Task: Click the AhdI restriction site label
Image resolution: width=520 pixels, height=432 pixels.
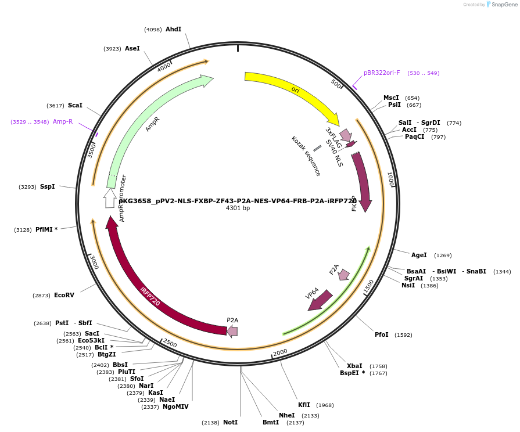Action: [173, 29]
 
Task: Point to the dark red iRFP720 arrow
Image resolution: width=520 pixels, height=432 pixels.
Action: [151, 290]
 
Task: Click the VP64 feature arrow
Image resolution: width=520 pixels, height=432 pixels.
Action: [320, 300]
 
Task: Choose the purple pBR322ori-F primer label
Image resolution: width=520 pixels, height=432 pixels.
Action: [382, 73]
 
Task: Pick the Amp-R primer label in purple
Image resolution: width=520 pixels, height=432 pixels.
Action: [63, 121]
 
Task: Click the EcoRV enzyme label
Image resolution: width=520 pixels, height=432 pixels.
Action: [64, 296]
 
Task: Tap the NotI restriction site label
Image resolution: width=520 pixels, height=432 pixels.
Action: [230, 422]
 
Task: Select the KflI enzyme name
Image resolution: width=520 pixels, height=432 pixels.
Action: [304, 405]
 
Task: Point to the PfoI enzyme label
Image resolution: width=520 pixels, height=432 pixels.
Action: [382, 334]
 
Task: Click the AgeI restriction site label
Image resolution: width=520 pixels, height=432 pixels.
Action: [419, 255]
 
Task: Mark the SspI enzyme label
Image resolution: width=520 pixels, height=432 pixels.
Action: [47, 186]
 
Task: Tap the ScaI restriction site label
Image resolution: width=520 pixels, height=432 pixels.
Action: [75, 105]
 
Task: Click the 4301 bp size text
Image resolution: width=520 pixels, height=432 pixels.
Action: [238, 208]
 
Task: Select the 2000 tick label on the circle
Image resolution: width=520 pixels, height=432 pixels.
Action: [280, 352]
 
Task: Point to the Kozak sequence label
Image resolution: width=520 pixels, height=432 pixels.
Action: [306, 156]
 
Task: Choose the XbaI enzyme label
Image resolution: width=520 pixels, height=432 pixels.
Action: [354, 366]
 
